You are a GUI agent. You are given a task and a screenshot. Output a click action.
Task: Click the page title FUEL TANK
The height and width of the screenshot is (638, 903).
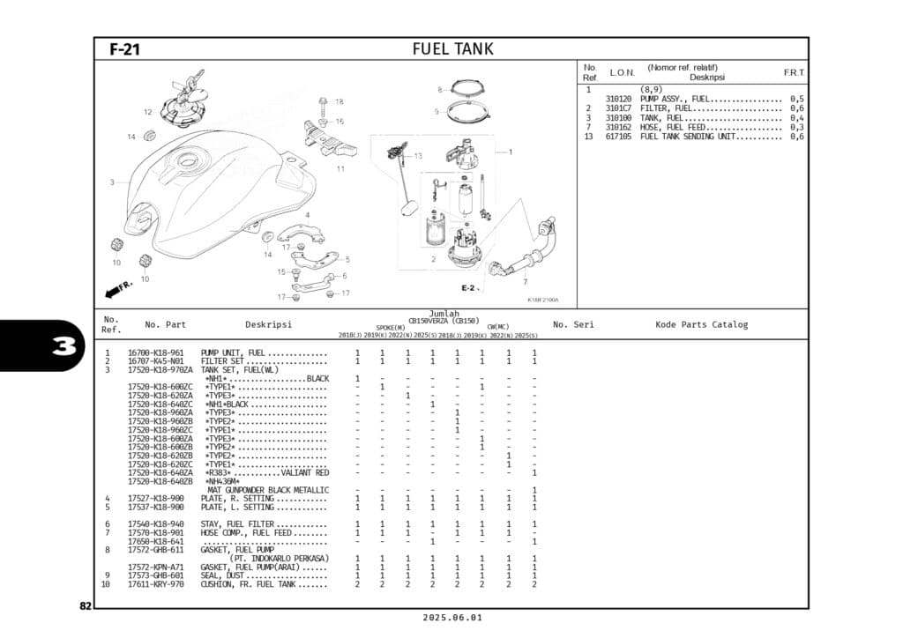(452, 48)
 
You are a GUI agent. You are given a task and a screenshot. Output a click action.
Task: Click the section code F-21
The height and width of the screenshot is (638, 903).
(124, 49)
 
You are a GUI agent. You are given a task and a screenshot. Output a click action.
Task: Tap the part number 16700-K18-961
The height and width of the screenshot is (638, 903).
(156, 352)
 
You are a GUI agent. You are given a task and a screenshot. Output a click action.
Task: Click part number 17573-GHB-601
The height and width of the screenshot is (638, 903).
(156, 575)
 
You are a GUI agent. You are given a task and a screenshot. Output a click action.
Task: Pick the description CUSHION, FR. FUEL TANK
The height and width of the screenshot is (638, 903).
(248, 584)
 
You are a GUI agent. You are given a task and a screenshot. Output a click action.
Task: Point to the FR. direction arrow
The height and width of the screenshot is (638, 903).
(118, 289)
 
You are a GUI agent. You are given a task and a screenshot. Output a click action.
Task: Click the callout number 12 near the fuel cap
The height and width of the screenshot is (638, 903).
(148, 112)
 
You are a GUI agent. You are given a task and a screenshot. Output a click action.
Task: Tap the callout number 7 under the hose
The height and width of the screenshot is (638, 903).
(525, 282)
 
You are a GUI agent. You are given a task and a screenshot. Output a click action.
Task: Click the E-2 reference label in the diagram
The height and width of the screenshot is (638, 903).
(468, 288)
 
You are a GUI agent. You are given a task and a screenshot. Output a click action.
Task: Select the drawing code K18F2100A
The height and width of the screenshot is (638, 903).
(543, 300)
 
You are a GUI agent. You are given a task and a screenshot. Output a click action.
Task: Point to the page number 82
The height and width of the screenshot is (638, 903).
(85, 605)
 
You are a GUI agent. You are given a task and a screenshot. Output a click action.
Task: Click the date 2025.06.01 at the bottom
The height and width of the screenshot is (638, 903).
(451, 618)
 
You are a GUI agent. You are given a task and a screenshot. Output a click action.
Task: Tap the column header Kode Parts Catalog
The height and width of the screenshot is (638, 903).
(701, 324)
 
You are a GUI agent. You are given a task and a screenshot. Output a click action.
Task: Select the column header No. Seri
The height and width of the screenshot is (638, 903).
(573, 324)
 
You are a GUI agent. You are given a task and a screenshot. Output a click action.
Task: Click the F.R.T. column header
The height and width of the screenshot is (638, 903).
(794, 72)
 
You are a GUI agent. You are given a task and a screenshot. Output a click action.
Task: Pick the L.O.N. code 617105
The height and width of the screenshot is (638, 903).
(618, 137)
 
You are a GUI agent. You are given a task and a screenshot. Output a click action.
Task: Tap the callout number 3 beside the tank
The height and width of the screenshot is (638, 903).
(112, 182)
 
